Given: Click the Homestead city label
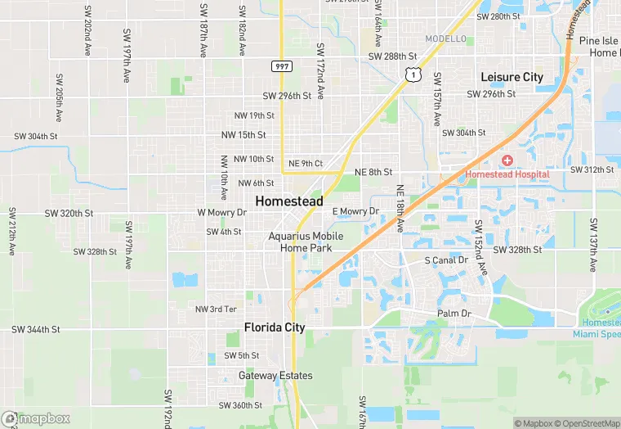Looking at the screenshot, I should (288, 201).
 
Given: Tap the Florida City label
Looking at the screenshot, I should (275, 327).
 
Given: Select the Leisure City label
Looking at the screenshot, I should (512, 77).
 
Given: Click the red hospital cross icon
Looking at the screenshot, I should (507, 160).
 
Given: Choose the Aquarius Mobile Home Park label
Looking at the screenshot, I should (306, 242).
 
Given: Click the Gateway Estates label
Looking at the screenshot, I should (275, 376).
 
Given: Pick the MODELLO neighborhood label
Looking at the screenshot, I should (446, 39).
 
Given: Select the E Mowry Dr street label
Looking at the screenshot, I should (355, 211).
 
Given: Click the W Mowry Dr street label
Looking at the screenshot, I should (221, 212).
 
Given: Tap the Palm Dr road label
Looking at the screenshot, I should (454, 314).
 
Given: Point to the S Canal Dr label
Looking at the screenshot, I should (446, 260).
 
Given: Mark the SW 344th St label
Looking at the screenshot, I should (36, 329).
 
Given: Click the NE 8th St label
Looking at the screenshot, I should (373, 172).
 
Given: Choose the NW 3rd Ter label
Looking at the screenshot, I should (216, 309).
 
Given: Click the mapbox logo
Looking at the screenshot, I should (36, 418).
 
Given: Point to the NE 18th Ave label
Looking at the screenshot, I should (400, 208).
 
